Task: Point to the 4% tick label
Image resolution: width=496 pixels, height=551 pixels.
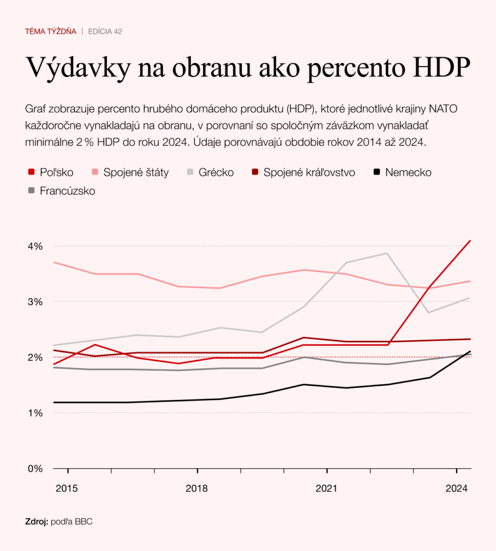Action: [x=35, y=246]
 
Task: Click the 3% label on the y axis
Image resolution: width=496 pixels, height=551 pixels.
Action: [x=35, y=301]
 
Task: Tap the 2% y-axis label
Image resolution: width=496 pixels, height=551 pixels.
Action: [x=35, y=357]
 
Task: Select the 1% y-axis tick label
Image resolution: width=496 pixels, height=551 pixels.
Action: [x=35, y=413]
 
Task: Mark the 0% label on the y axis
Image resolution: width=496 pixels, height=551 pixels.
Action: [x=35, y=469]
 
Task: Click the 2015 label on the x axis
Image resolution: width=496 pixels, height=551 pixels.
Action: [x=67, y=489]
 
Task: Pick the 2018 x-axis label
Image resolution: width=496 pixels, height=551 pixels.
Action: [x=197, y=489]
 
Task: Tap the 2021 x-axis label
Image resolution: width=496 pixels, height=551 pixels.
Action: [x=327, y=489]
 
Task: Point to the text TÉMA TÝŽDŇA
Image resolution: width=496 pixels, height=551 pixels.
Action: [x=51, y=32]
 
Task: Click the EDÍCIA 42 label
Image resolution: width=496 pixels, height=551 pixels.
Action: [x=105, y=32]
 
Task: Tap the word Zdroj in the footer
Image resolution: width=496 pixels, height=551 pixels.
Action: [x=37, y=521]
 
